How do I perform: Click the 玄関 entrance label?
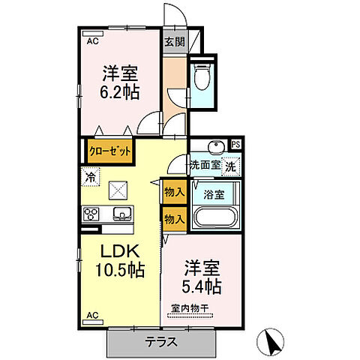tap(175, 41)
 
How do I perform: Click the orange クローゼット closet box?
tap(111, 151)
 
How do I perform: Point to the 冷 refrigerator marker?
tap(90, 178)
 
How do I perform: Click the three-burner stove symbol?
tap(92, 214)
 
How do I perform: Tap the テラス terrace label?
tap(160, 342)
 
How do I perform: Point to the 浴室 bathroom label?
tap(213, 193)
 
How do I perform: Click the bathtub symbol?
tap(215, 219)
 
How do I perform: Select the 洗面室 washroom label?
tap(204, 165)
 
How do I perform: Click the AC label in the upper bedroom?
tap(91, 43)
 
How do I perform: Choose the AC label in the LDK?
tap(92, 315)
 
